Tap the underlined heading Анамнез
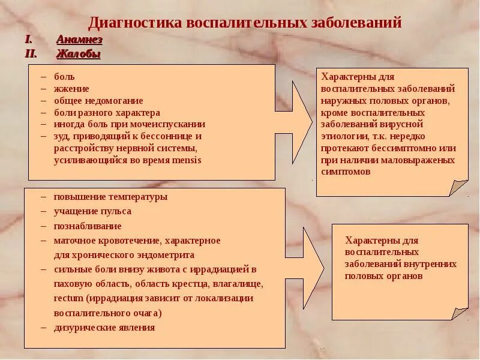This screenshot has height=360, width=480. tap(79, 40)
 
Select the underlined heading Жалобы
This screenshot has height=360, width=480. tap(78, 54)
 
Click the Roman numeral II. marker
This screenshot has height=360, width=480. tap(31, 54)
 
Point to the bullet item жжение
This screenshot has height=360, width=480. tap(71, 89)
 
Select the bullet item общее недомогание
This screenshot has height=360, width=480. tap(98, 101)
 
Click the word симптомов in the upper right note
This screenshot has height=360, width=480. tap(346, 172)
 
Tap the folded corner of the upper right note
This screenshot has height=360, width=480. tap(458, 187)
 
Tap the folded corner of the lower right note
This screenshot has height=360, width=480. tap(458, 312)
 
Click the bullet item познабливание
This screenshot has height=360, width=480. tap(88, 226)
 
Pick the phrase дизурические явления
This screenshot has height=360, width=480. tap(104, 328)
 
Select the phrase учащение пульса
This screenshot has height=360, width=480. tap(92, 211)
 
